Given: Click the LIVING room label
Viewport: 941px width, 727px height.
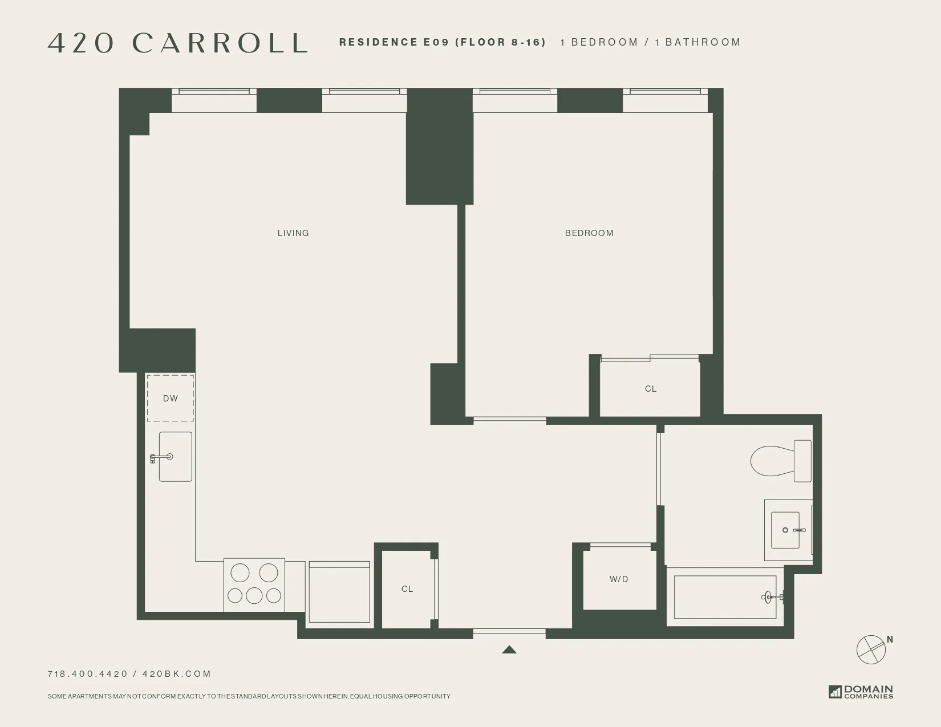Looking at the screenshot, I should [293, 233].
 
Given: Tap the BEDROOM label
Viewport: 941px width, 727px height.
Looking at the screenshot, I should [589, 233].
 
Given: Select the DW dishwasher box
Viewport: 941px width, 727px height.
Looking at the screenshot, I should [171, 398].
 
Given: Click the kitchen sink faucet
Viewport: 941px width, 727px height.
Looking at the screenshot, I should [161, 457].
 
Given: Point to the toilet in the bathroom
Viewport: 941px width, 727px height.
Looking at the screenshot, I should [779, 461].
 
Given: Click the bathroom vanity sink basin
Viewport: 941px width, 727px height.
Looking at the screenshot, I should [785, 530].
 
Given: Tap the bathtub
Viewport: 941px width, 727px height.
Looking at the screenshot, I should [724, 597].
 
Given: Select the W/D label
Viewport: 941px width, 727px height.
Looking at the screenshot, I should [619, 579].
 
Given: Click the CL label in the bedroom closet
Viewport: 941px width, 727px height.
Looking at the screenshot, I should [651, 389].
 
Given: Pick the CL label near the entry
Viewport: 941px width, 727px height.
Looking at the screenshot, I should [407, 589].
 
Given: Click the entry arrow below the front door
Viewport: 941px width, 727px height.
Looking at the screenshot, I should [509, 649].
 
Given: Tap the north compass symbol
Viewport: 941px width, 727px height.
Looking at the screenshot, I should [871, 649].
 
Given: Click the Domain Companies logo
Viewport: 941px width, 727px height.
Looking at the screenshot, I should [861, 692].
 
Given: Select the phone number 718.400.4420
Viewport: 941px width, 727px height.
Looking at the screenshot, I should [88, 674].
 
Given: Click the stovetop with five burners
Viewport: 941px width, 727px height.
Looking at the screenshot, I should [254, 584].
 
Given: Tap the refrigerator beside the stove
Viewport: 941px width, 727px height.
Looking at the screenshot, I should [339, 592].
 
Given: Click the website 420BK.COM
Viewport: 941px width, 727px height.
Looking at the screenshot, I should [177, 674].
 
